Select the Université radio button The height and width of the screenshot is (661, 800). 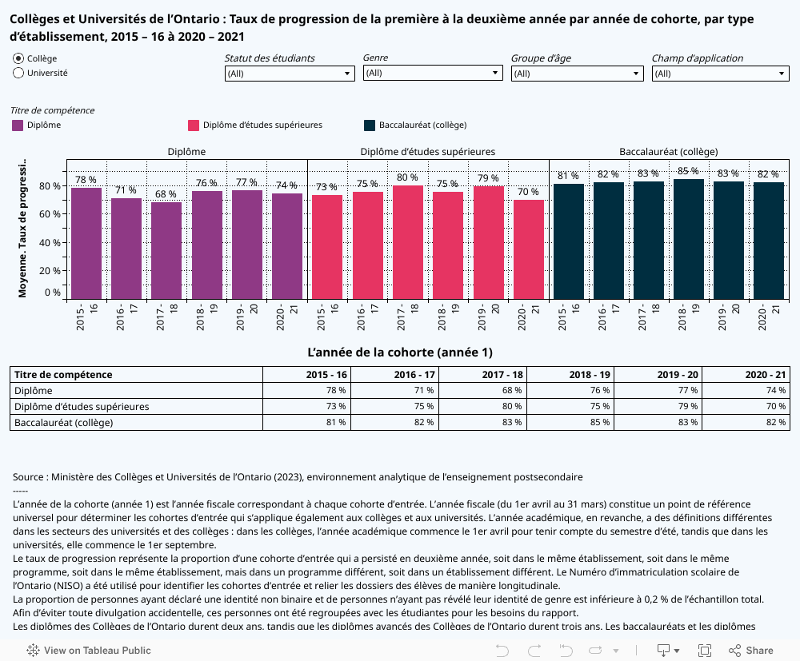point(18,73)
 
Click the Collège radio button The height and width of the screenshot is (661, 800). point(18,58)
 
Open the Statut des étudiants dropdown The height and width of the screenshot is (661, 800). point(289,74)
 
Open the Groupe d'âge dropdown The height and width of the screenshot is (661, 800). point(577,74)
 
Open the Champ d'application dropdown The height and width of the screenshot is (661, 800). point(721,74)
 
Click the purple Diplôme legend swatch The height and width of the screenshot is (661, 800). point(18,125)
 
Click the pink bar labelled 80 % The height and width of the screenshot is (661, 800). point(407,241)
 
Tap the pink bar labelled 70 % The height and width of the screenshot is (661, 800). point(528,249)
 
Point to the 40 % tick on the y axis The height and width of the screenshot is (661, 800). point(51,242)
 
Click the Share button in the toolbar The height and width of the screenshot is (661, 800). point(751,650)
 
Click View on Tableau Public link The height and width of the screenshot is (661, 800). point(90,650)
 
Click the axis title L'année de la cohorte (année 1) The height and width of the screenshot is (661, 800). point(400,352)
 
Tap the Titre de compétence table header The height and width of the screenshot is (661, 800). point(63,375)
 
